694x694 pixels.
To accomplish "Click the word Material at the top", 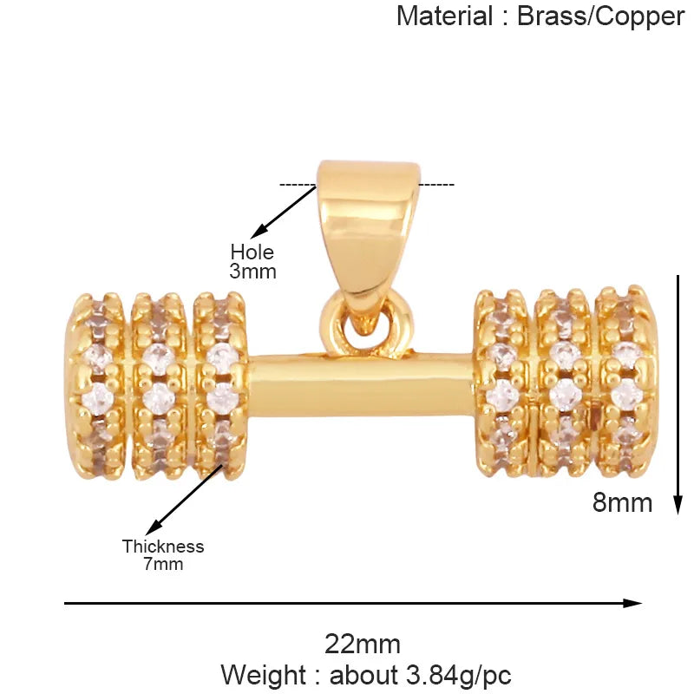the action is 445,16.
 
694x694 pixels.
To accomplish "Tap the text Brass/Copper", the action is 600,17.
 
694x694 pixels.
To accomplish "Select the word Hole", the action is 252,252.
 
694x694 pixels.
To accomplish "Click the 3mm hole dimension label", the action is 252,272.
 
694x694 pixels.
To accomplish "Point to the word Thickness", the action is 163,547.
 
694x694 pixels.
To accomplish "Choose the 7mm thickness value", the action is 163,565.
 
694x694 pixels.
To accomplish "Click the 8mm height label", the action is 622,503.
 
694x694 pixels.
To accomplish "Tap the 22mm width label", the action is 363,645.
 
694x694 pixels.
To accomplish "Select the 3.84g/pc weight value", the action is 459,676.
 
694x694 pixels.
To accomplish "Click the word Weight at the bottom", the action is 263,676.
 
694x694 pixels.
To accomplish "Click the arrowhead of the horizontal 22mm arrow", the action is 632,603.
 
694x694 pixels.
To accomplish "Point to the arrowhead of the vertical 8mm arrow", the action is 678,505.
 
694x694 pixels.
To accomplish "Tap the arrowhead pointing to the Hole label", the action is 258,231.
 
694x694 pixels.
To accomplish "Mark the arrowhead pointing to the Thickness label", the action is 154,527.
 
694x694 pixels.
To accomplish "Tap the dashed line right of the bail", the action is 436,185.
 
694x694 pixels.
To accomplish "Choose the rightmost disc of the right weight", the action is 626,382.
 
